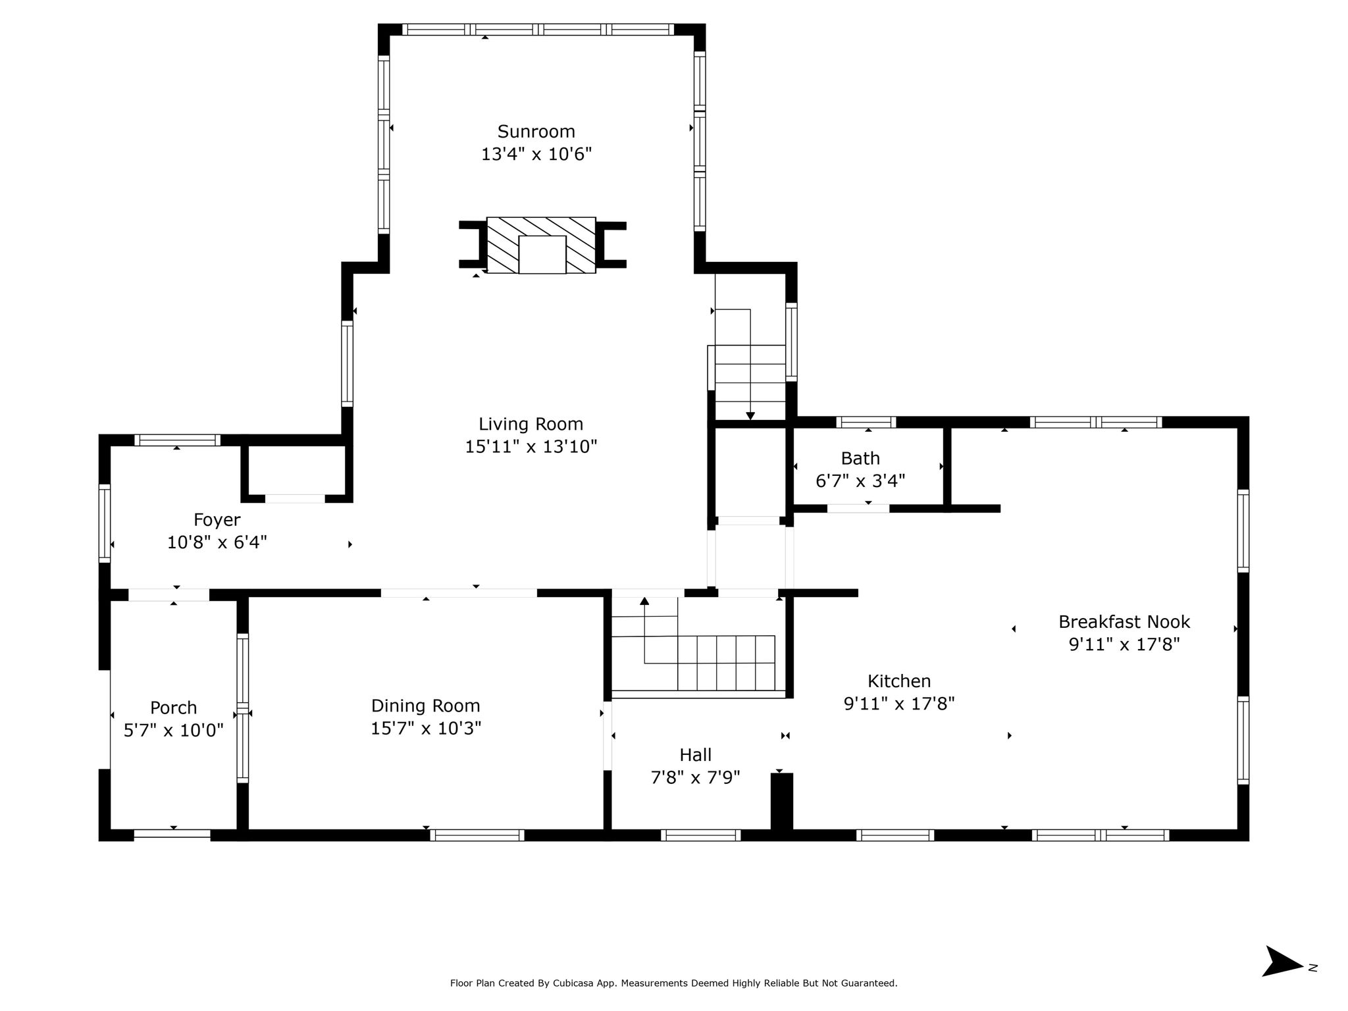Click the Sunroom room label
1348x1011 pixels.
click(536, 132)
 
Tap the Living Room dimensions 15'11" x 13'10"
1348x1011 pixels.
click(531, 447)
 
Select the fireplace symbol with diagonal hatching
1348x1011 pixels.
click(541, 245)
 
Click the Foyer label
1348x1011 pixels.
click(217, 521)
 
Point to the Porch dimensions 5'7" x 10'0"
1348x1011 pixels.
click(174, 731)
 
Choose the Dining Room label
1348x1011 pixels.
click(426, 706)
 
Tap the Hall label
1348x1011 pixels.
click(696, 754)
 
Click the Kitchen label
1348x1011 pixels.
click(899, 681)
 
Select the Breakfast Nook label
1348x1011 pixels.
click(1124, 621)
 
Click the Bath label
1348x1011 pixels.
click(860, 458)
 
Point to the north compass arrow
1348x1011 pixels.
click(1282, 979)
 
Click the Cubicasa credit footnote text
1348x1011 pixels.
click(673, 983)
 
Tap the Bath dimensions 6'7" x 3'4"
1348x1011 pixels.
click(860, 481)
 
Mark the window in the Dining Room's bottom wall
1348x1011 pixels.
click(477, 835)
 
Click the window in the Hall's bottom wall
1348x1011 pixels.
click(700, 835)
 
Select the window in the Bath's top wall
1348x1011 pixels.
click(866, 422)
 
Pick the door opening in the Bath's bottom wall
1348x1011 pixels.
click(858, 508)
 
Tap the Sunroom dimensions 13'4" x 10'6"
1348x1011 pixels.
click(536, 155)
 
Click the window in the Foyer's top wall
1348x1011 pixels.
click(178, 440)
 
